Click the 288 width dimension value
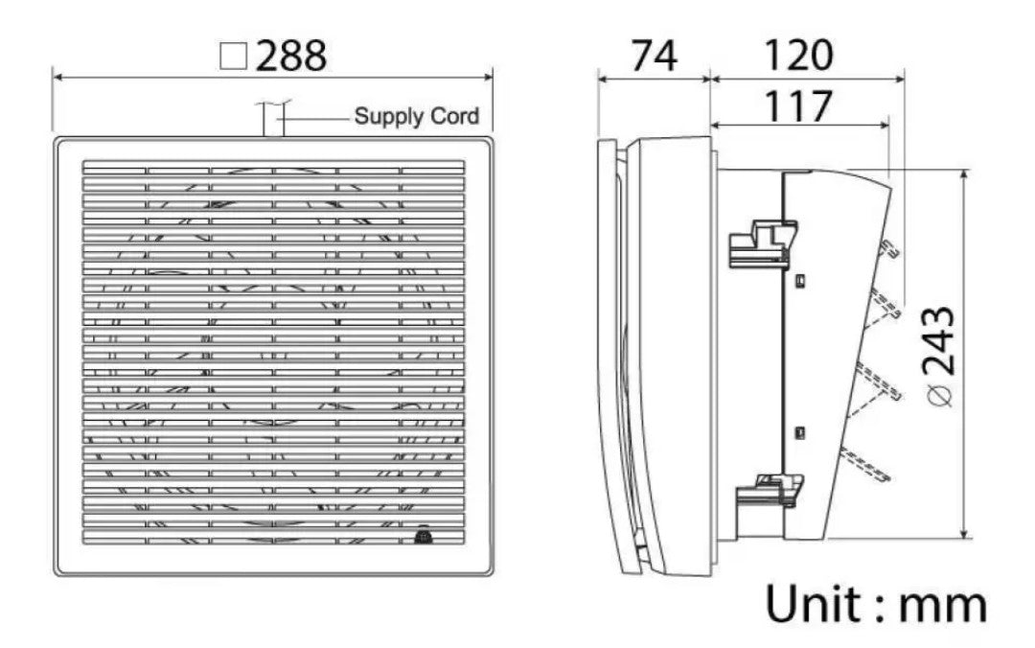click(291, 57)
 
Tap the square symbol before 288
click(232, 58)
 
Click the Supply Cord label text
click(416, 118)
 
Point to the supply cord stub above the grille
click(272, 120)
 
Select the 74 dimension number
click(654, 57)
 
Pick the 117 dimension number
click(797, 105)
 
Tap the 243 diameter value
click(939, 339)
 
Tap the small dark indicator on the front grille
click(423, 539)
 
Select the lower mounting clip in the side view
click(767, 489)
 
